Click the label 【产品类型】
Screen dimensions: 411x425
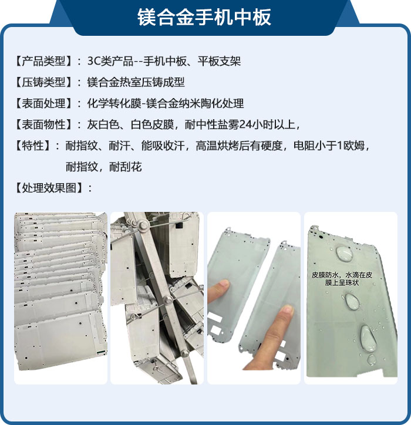click(43, 61)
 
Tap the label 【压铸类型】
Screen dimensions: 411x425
click(43, 82)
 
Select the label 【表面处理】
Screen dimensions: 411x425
click(43, 103)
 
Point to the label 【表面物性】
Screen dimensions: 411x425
click(43, 124)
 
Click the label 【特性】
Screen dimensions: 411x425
click(32, 146)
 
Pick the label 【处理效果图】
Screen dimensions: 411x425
click(49, 188)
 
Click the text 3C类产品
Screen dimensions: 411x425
click(110, 61)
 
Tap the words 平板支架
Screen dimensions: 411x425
click(219, 61)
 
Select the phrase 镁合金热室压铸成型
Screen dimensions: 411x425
click(136, 82)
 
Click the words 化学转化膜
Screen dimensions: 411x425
click(114, 103)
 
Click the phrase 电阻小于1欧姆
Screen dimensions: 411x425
click(329, 146)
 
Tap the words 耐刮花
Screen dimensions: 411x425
click(125, 167)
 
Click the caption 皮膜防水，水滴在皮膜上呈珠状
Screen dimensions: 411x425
click(342, 279)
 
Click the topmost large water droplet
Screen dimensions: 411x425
click(344, 254)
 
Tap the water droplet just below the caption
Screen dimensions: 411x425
click(352, 301)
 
